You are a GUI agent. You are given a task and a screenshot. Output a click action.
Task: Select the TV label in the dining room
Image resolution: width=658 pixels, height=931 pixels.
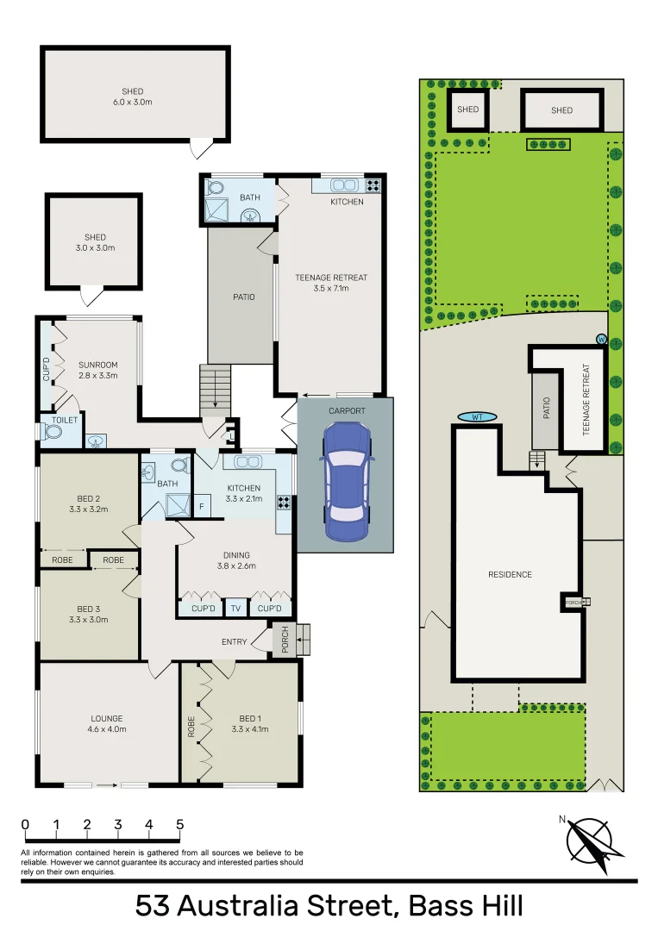click(235, 609)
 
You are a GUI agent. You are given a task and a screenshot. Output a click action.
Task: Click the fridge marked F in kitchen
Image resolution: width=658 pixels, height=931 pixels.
click(203, 506)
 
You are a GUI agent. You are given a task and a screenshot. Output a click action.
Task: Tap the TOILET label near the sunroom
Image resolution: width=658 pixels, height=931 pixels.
click(65, 420)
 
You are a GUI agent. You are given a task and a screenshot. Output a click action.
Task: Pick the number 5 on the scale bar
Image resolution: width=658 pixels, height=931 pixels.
click(179, 824)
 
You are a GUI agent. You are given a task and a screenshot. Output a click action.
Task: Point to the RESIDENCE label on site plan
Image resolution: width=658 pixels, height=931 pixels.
click(510, 574)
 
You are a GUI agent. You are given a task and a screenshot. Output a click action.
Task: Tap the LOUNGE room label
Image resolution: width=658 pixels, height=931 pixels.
click(107, 718)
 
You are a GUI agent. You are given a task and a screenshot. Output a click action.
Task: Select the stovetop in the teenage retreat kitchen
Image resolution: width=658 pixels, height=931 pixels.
click(373, 184)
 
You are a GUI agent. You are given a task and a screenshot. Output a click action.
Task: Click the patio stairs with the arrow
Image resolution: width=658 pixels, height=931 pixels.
click(216, 388)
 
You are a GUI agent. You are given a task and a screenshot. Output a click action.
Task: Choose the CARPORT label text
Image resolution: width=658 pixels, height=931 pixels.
click(347, 411)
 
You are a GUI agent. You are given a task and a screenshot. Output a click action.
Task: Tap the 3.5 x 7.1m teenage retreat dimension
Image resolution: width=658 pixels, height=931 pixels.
click(331, 289)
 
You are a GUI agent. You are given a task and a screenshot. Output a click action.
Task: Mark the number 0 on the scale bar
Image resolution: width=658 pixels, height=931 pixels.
click(26, 824)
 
